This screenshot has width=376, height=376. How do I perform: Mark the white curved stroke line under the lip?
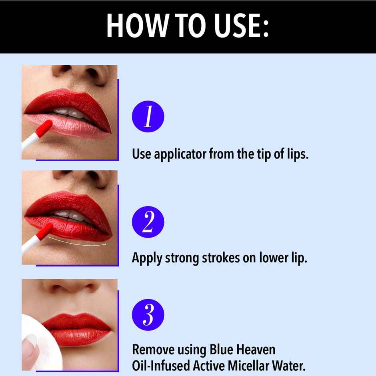click(76, 241)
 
